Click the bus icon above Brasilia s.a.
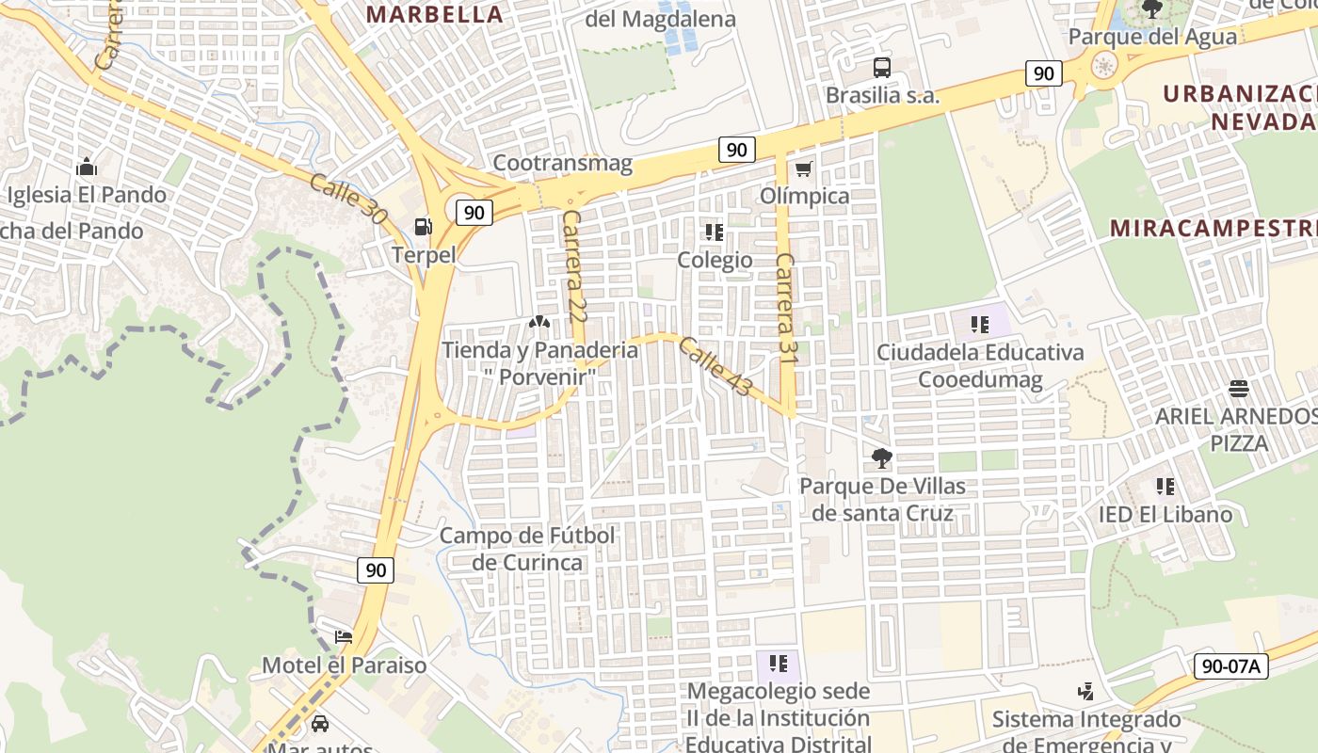(881, 68)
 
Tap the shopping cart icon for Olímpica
(803, 169)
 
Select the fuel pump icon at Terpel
(424, 226)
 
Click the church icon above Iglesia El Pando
(87, 168)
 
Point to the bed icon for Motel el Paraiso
(344, 637)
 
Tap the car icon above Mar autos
(320, 723)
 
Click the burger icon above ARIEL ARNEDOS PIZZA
(1238, 389)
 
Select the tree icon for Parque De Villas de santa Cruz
(882, 458)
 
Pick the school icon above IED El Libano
(1165, 487)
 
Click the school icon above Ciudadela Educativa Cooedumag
(979, 325)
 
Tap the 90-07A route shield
(1231, 665)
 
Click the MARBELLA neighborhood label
(435, 14)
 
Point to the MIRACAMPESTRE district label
(1213, 229)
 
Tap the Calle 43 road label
(715, 367)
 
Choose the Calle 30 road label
(348, 198)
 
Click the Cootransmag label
(563, 163)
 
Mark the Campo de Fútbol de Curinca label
(527, 549)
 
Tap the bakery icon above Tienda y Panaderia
(539, 322)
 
